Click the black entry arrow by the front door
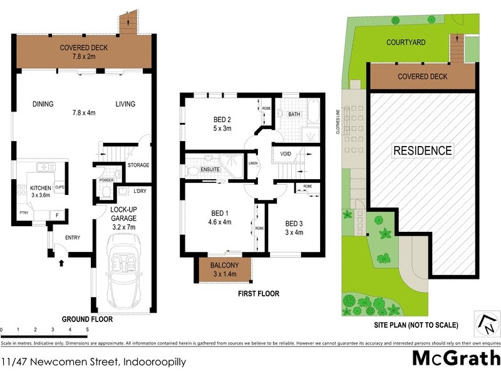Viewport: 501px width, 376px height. [x=60, y=263]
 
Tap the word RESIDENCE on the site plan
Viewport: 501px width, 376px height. [x=422, y=150]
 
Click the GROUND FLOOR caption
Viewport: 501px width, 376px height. [x=88, y=319]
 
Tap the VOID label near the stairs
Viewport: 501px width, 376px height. [x=286, y=153]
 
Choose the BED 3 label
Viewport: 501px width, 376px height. [x=294, y=223]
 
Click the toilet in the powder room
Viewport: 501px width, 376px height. [x=106, y=192]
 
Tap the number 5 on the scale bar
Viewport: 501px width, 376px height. [x=87, y=330]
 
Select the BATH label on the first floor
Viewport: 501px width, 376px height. [x=294, y=115]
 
